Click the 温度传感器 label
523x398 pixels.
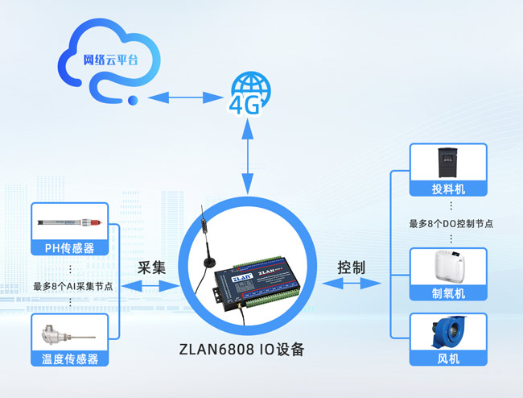(x=70, y=359)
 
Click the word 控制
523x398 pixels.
(x=352, y=267)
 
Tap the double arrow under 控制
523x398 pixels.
(x=352, y=284)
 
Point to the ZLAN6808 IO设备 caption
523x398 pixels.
(x=242, y=350)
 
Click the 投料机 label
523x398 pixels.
(x=448, y=189)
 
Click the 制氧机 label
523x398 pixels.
(x=448, y=294)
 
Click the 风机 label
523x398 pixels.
(x=448, y=359)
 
